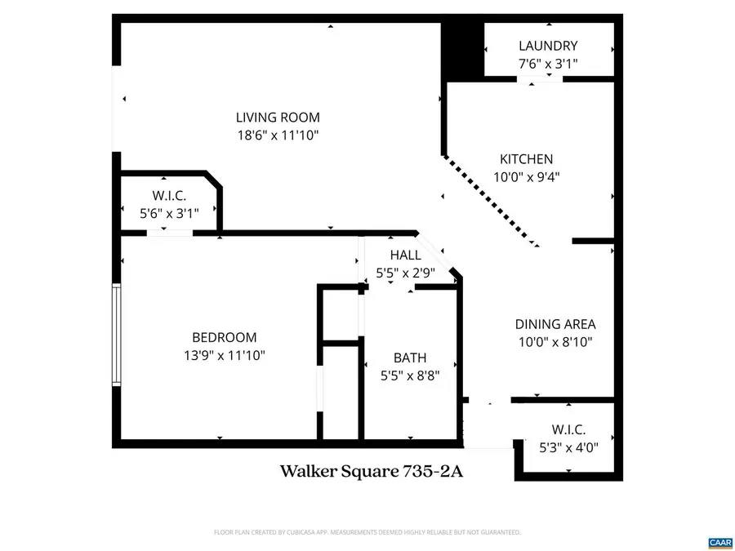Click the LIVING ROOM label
(x=278, y=118)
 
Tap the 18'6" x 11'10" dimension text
(x=278, y=135)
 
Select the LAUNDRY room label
(x=548, y=47)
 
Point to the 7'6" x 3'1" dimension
(x=548, y=63)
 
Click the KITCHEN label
(x=526, y=159)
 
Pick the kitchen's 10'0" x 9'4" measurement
(x=526, y=176)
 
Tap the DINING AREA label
(x=555, y=324)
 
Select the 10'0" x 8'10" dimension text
(x=555, y=341)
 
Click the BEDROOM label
(x=224, y=337)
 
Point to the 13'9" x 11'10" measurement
(x=224, y=355)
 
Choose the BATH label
(x=410, y=358)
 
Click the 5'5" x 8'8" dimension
(x=410, y=375)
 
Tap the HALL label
(x=405, y=256)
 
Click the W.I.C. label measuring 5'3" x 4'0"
(x=568, y=429)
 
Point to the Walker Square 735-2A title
(x=372, y=472)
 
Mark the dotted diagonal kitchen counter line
(x=490, y=201)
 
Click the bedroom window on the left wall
(x=117, y=335)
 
